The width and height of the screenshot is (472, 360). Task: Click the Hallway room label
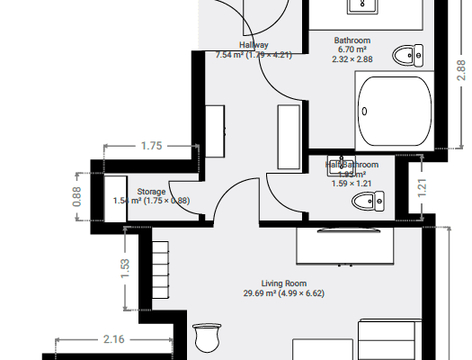click(254, 44)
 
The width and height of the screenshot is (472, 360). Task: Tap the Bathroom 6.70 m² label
click(352, 45)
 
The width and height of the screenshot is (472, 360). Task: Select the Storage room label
click(151, 192)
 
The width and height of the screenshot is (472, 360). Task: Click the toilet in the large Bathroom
click(408, 55)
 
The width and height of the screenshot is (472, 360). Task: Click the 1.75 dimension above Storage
click(150, 145)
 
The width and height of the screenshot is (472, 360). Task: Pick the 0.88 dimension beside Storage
click(77, 195)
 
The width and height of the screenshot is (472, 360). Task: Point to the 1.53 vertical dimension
click(125, 268)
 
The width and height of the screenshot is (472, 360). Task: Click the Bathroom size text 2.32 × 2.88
click(352, 59)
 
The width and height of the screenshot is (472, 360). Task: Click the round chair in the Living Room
click(208, 338)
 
